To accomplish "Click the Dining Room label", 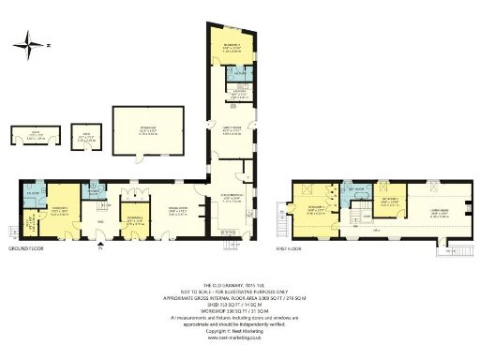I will coord(179,210).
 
